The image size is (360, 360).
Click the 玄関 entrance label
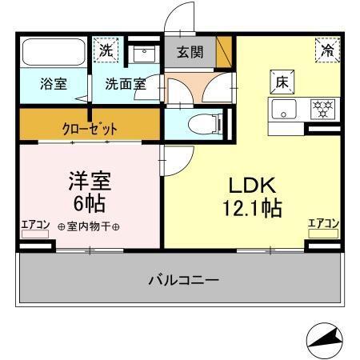click(x=190, y=54)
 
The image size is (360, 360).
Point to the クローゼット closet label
click(x=90, y=127)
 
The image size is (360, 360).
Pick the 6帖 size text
click(x=89, y=200)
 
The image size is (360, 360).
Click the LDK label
click(x=254, y=186)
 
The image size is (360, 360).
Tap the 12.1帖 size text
click(x=254, y=210)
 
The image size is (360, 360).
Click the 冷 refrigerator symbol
click(x=326, y=50)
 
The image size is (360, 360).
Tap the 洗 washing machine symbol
click(x=106, y=50)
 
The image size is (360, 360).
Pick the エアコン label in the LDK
click(x=324, y=223)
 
